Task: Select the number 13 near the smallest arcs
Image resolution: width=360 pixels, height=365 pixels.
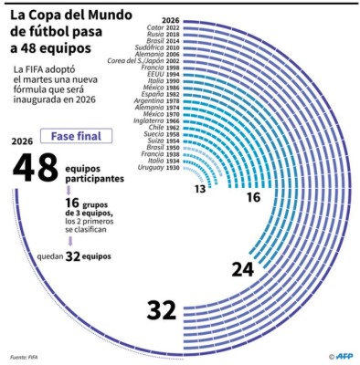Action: pos(199,189)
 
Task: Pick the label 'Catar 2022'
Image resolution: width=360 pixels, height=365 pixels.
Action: pos(162,27)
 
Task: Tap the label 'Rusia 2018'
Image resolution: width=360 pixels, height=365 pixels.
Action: pos(162,34)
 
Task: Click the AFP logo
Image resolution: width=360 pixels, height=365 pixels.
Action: pos(339,356)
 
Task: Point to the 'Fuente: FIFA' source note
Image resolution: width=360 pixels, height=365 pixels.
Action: pos(26,357)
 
